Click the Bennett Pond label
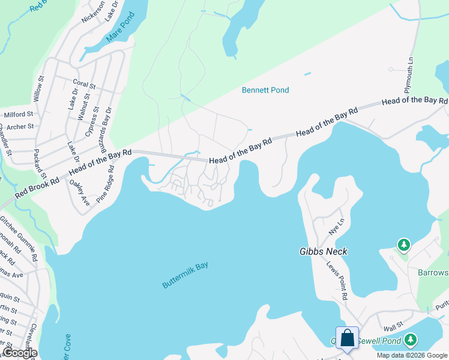(265, 90)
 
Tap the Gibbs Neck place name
(324, 251)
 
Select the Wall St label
(393, 328)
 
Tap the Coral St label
(84, 85)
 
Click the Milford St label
(19, 114)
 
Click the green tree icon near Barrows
(404, 245)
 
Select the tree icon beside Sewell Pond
(411, 341)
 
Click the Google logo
(19, 353)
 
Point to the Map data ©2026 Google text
(411, 355)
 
